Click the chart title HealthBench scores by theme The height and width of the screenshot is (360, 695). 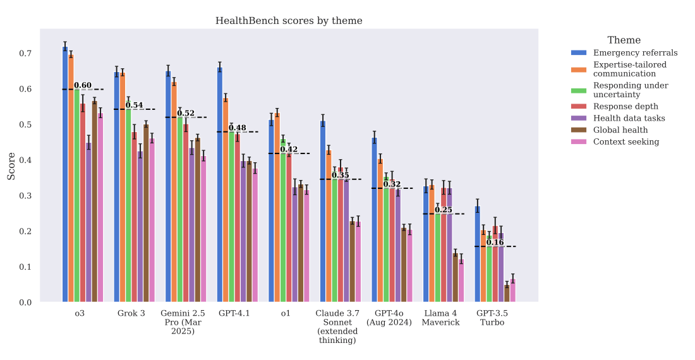(x=289, y=21)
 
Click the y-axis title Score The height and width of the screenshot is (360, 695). (x=11, y=165)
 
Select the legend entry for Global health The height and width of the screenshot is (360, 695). (x=619, y=130)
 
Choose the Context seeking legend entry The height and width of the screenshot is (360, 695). (x=625, y=141)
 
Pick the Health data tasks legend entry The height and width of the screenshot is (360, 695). (x=629, y=118)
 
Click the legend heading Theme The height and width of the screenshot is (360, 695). (x=624, y=40)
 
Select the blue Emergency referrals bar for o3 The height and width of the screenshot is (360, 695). (x=65, y=174)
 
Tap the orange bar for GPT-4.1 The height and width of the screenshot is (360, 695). (x=226, y=200)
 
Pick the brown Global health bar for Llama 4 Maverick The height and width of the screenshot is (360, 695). (x=455, y=277)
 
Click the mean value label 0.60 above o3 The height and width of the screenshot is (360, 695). (x=83, y=85)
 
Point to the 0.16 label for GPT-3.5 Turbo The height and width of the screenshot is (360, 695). (x=495, y=243)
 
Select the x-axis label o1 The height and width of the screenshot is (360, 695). (x=286, y=313)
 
